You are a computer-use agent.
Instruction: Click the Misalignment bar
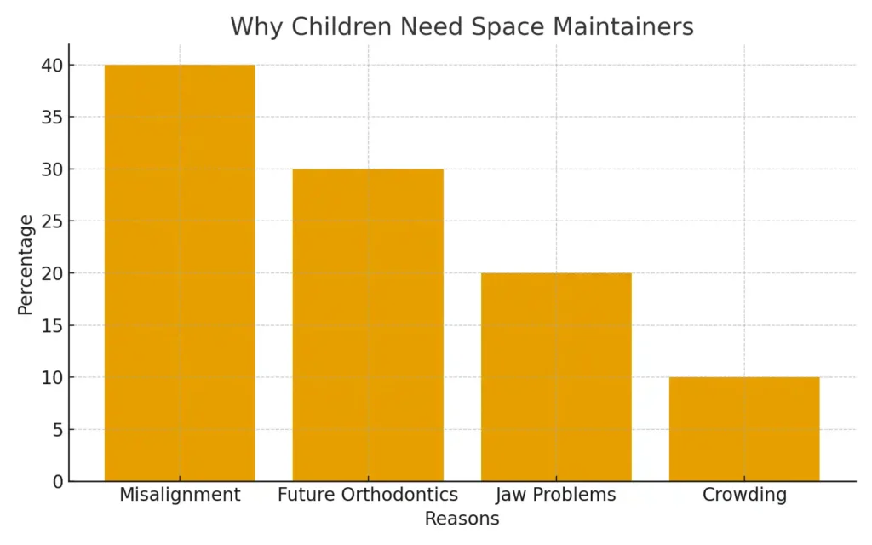click(x=180, y=272)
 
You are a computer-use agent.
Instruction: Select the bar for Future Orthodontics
click(x=368, y=324)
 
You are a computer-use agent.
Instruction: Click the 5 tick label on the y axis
click(x=57, y=430)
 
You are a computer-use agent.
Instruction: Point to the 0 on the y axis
click(x=57, y=482)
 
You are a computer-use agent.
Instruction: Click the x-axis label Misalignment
click(x=180, y=495)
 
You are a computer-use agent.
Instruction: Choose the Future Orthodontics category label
click(x=368, y=495)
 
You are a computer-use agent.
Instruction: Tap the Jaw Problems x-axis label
click(x=556, y=495)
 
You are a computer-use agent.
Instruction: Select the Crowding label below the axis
click(x=744, y=495)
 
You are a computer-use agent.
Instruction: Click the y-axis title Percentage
click(x=26, y=265)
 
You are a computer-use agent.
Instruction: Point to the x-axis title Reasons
click(x=462, y=519)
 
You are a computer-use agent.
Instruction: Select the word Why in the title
click(x=255, y=26)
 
